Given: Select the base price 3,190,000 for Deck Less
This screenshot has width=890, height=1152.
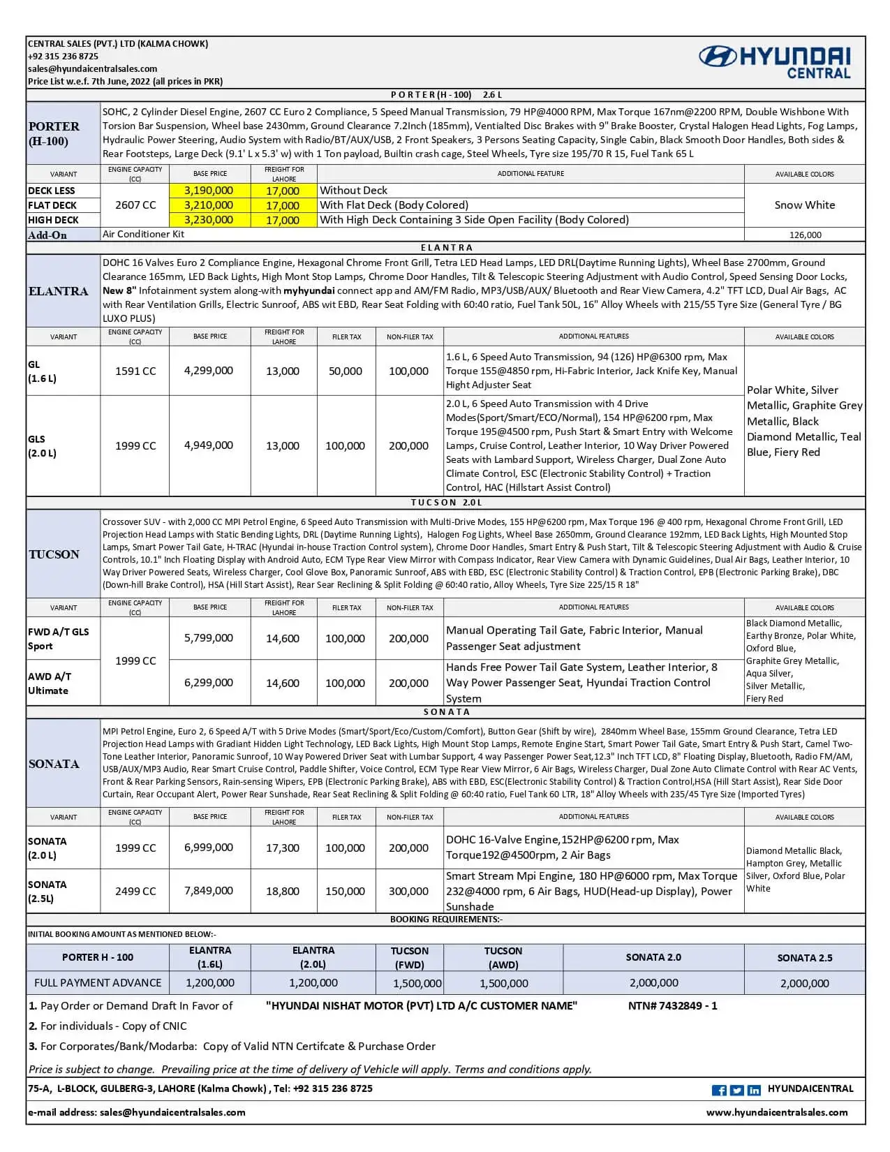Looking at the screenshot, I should [x=209, y=191].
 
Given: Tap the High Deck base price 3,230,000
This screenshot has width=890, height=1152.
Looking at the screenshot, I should [x=209, y=220].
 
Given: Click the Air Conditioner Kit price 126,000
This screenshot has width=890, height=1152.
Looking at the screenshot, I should [x=805, y=235].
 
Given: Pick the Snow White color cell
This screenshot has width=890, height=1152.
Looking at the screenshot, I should [x=804, y=205].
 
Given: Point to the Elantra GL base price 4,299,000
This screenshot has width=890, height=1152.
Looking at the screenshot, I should [x=209, y=371].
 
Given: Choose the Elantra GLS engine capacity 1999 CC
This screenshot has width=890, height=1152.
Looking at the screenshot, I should [x=135, y=445].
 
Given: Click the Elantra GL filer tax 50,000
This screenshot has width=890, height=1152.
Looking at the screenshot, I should [x=346, y=371].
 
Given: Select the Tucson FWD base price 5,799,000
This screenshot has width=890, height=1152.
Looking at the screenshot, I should [x=209, y=638].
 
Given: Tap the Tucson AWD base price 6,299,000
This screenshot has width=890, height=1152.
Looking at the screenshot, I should [x=209, y=683].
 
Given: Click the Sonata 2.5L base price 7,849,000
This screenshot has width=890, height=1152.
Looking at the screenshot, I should [x=209, y=891].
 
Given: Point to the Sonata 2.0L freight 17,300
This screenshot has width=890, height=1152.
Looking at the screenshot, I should [x=283, y=848].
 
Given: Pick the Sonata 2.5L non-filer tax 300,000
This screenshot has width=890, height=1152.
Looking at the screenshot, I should [x=409, y=892].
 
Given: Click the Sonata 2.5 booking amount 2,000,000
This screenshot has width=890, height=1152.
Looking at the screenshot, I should [x=805, y=983].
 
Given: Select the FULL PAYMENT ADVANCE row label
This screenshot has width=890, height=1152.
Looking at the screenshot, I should [x=98, y=983].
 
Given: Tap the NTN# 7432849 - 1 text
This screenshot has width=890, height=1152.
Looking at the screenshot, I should [x=672, y=1006].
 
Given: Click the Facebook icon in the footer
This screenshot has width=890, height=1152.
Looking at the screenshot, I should [x=719, y=1090].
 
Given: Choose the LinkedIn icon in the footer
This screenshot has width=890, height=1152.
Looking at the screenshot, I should [x=754, y=1090].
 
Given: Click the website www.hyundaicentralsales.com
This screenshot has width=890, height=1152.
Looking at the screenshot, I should [x=777, y=1112].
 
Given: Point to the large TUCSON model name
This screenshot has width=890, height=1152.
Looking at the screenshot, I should [x=54, y=554].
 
